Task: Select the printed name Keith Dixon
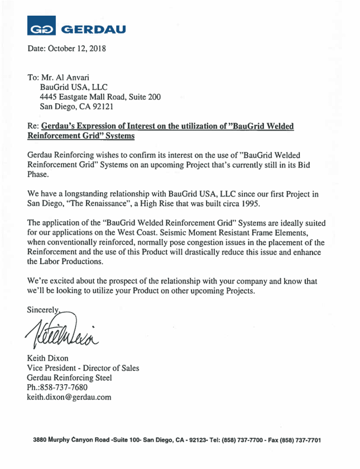pyautogui.click(x=51, y=357)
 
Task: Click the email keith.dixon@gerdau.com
pyautogui.click(x=69, y=398)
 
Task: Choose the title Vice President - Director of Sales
pyautogui.click(x=83, y=367)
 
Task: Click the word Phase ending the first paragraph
pyautogui.click(x=39, y=174)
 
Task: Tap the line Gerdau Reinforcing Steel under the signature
pyautogui.click(x=69, y=377)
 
